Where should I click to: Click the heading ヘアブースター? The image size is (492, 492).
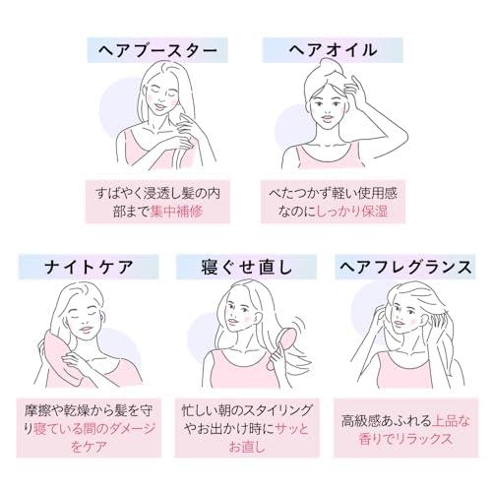[x=157, y=50]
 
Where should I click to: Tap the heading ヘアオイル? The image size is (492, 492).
[x=333, y=50]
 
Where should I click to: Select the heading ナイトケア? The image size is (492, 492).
[x=89, y=267]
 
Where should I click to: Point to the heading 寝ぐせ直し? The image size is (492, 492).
[x=247, y=267]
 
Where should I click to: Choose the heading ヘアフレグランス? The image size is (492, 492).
[x=405, y=267]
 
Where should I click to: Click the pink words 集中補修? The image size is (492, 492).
[x=177, y=212]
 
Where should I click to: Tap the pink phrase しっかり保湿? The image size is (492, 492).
[x=353, y=212]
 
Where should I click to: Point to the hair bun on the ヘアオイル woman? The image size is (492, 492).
[x=332, y=65]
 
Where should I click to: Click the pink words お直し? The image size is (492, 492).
[x=247, y=447]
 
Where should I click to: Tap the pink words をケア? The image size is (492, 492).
[x=89, y=447]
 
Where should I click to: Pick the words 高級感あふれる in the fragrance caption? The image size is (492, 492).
[x=387, y=421]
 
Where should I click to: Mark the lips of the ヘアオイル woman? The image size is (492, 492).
[x=328, y=117]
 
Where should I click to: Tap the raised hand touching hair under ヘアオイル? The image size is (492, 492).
[x=356, y=92]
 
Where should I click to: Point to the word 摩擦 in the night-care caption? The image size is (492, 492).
[x=37, y=410]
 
